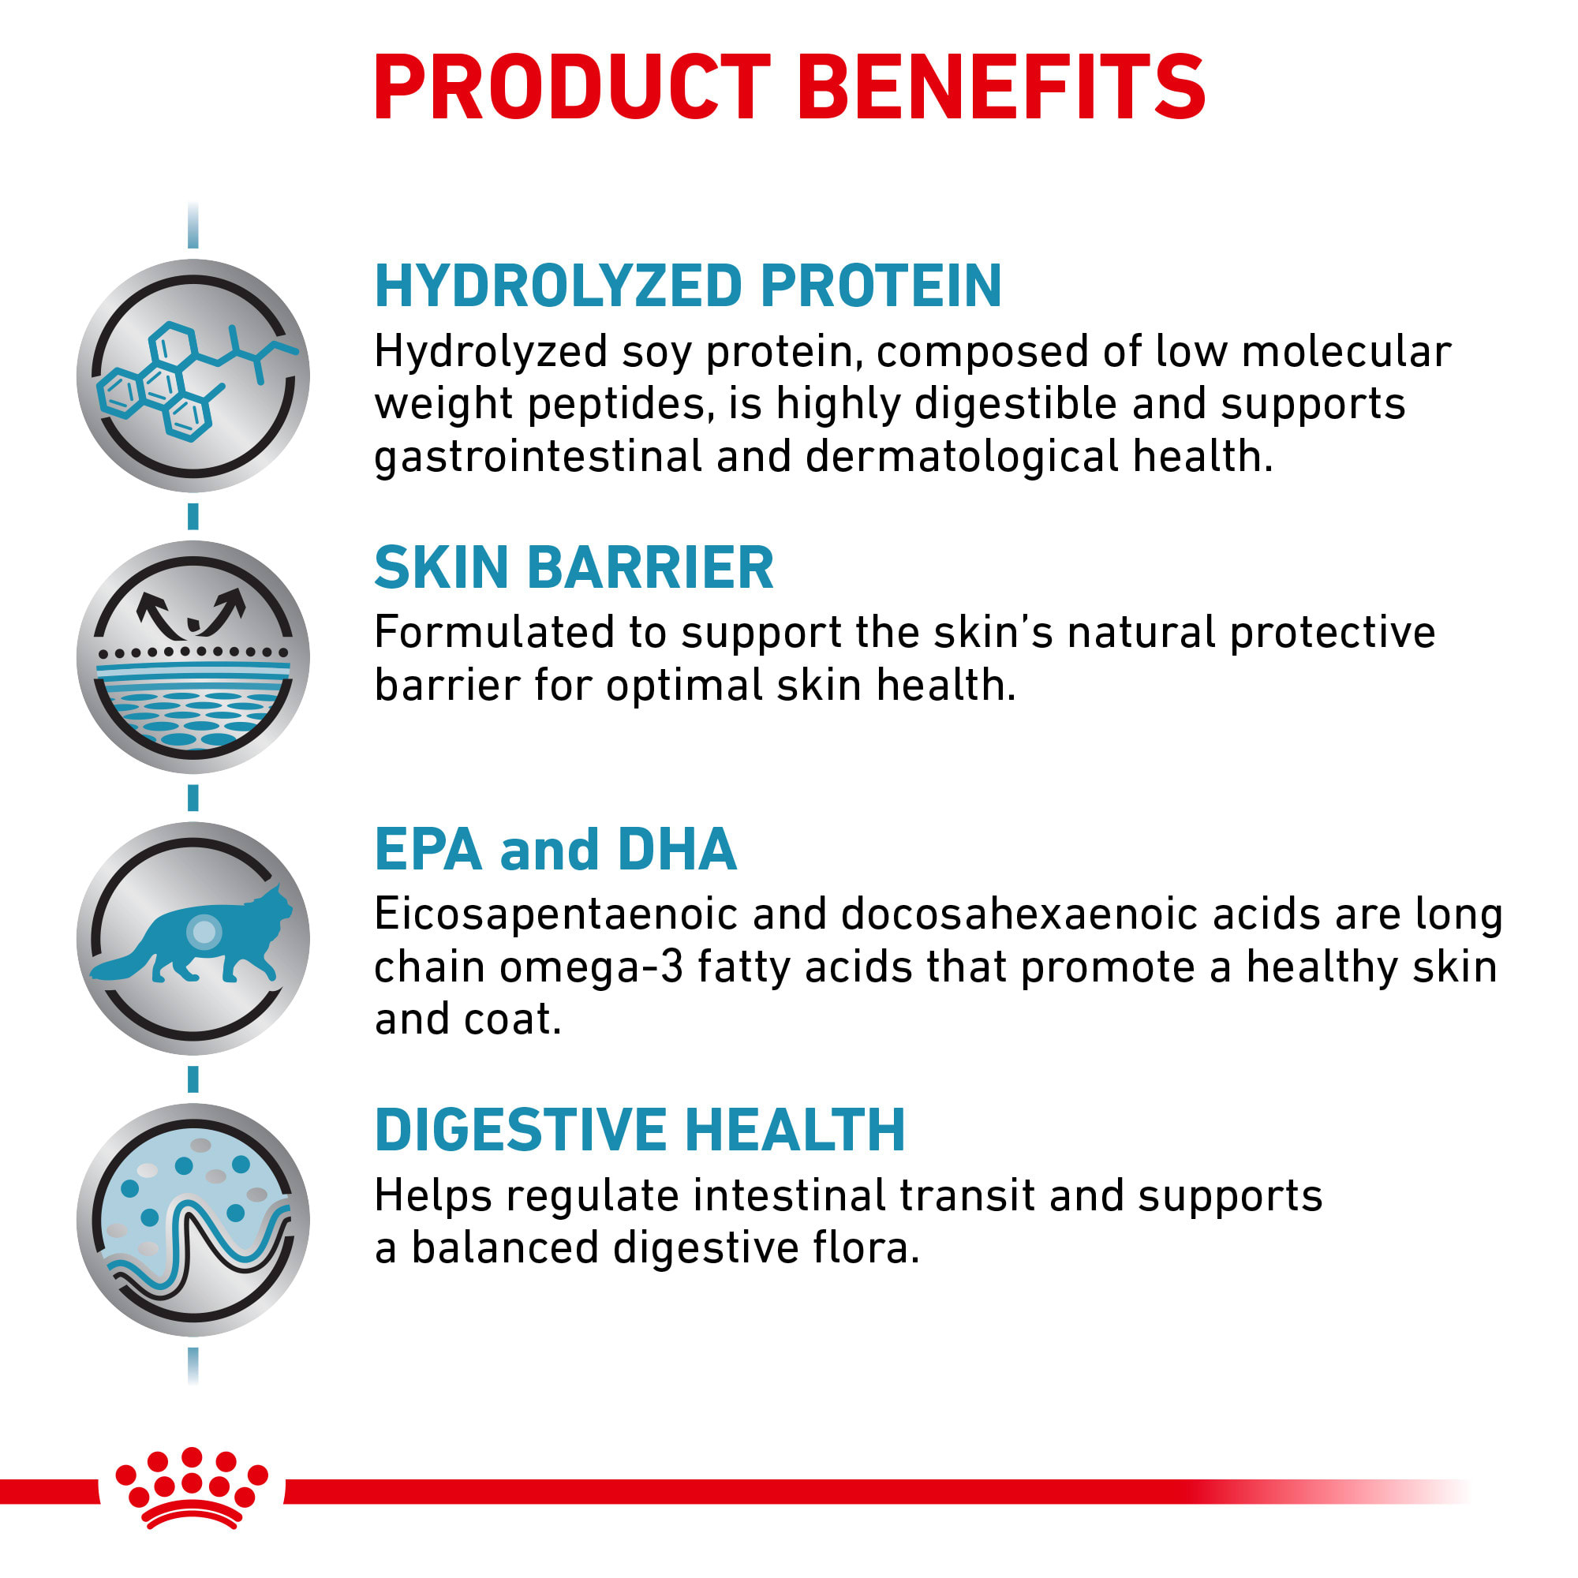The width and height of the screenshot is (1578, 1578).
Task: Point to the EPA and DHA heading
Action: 555,850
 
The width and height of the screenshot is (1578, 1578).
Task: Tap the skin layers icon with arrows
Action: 193,656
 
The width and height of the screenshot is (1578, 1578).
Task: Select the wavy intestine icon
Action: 193,1220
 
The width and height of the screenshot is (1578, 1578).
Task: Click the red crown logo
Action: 192,1488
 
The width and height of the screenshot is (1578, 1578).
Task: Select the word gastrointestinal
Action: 538,458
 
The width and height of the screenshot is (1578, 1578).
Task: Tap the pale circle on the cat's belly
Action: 204,931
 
